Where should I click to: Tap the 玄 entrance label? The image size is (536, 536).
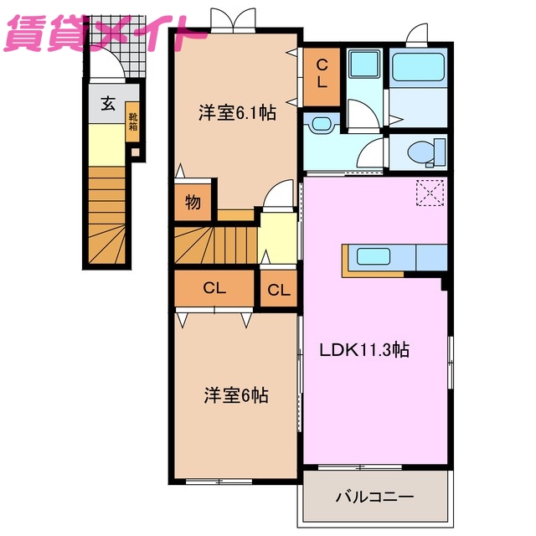pos(108,104)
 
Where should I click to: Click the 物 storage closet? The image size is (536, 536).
pos(193,203)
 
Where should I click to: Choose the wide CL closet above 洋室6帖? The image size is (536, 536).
pos(214,289)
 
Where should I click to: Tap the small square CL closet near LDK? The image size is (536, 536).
pos(279,290)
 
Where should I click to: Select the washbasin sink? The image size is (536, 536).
pos(321,124)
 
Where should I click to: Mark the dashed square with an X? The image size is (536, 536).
pos(431,193)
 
